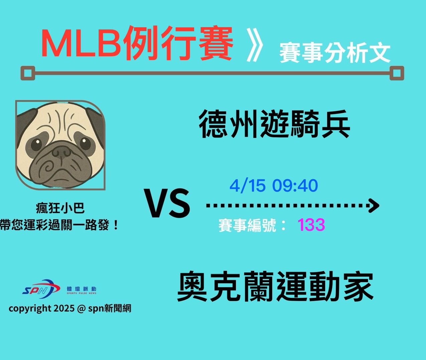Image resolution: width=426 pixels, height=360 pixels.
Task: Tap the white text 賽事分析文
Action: click(x=334, y=53)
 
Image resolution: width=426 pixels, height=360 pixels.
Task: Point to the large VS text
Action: click(x=167, y=203)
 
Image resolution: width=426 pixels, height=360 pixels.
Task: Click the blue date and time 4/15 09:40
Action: click(x=274, y=186)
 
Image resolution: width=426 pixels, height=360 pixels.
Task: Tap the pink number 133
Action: click(x=311, y=225)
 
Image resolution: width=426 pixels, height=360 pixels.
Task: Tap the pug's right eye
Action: click(x=85, y=143)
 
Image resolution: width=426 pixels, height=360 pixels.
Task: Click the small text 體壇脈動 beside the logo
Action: click(x=82, y=289)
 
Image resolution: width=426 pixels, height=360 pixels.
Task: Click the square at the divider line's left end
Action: click(x=28, y=73)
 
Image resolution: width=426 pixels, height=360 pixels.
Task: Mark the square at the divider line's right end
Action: click(x=397, y=73)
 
